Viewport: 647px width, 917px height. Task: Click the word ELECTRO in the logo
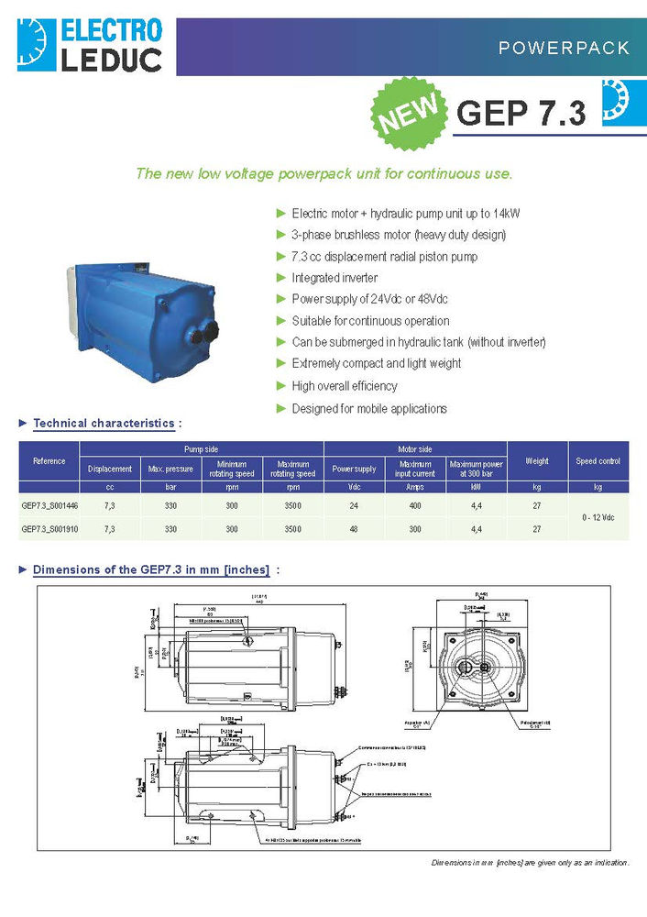(x=111, y=30)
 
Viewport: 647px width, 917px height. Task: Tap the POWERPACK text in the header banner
(x=564, y=48)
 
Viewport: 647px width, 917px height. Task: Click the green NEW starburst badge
(x=407, y=114)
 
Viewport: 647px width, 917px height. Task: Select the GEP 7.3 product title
(x=521, y=113)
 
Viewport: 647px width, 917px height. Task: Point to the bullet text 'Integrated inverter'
(x=334, y=278)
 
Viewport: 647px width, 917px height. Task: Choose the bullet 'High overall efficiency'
(x=344, y=386)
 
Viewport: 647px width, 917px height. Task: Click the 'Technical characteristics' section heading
(x=104, y=424)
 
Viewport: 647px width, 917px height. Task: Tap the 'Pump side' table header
(x=201, y=449)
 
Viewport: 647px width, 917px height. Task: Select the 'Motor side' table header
(x=414, y=449)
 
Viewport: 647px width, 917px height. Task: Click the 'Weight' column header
(x=536, y=461)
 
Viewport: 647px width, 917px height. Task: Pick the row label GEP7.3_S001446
(x=49, y=504)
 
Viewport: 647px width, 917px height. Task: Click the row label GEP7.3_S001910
(x=49, y=529)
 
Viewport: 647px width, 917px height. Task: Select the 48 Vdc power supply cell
(x=354, y=529)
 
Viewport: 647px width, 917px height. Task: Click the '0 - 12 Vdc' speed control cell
(x=598, y=517)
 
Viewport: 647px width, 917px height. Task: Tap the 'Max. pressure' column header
(x=170, y=470)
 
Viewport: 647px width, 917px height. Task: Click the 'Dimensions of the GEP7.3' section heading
(x=151, y=569)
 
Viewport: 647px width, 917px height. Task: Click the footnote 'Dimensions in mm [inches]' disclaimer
(x=531, y=863)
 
